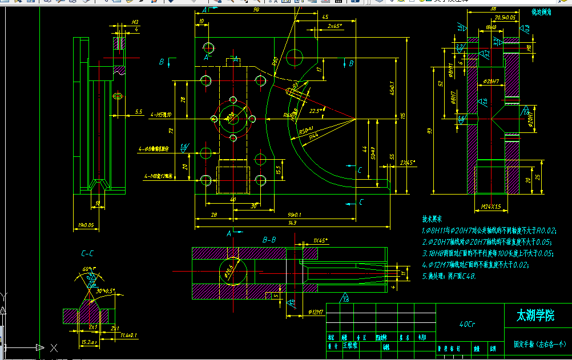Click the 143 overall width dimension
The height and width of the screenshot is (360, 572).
[x=292, y=223]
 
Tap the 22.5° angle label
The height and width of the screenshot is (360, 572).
[x=315, y=111]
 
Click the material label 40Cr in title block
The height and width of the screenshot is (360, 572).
[x=468, y=323]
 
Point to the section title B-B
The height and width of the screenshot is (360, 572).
[x=269, y=240]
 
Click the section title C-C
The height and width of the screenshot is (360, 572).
[x=88, y=252]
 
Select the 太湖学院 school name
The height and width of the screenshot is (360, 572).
[x=535, y=315]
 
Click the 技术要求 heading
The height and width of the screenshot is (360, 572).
[x=432, y=219]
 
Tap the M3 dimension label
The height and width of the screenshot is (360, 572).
[x=135, y=23]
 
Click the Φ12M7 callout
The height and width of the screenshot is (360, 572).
[x=316, y=312]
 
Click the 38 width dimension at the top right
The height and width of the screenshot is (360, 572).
[x=493, y=9]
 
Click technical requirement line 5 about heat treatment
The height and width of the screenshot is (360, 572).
[x=449, y=276]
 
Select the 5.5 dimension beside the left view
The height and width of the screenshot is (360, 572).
[x=139, y=112]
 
